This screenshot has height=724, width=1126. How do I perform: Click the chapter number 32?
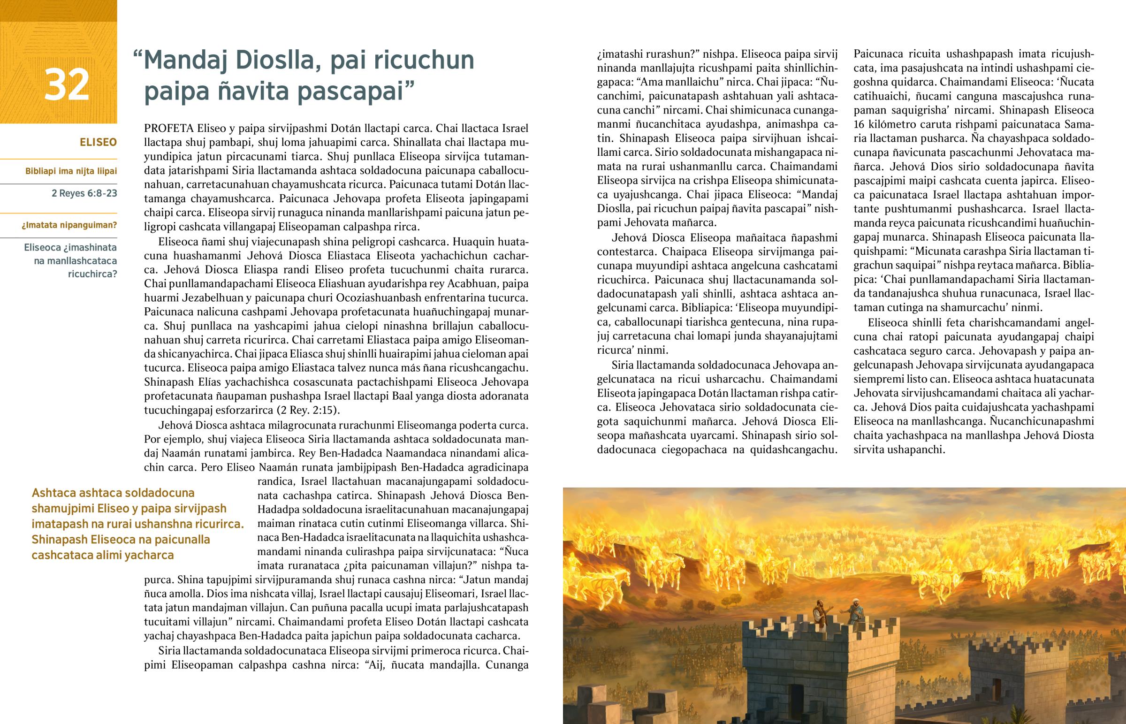(66, 84)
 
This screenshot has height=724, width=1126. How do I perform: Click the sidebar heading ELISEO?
(98, 142)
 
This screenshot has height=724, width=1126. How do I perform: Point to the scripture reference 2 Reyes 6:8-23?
(84, 193)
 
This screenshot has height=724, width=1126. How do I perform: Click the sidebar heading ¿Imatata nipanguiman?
(69, 225)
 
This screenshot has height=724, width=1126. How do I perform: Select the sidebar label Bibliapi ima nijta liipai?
(71, 171)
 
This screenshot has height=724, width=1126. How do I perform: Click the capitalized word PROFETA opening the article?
(169, 129)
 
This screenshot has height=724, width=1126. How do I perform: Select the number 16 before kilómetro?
(860, 125)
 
